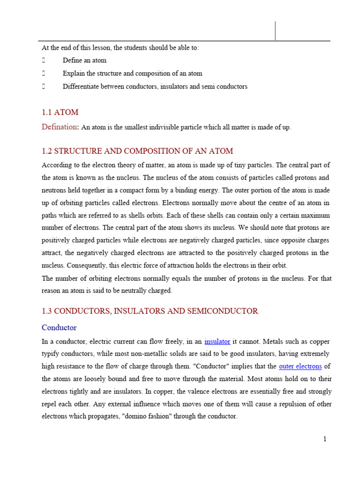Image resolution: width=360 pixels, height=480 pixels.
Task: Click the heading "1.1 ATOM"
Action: pyautogui.click(x=60, y=112)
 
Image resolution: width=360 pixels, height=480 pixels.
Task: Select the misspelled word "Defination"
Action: pyautogui.click(x=59, y=127)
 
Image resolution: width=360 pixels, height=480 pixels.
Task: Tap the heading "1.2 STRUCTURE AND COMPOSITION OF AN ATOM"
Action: pyautogui.click(x=137, y=151)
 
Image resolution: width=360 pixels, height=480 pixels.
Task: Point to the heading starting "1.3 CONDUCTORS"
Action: pyautogui.click(x=150, y=311)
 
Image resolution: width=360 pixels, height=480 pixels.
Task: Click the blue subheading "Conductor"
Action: pyautogui.click(x=59, y=327)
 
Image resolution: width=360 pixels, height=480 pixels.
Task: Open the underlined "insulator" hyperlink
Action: pyautogui.click(x=217, y=341)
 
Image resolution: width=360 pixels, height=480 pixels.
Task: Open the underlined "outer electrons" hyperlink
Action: pyautogui.click(x=300, y=366)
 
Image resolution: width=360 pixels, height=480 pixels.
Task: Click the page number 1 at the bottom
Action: pyautogui.click(x=324, y=439)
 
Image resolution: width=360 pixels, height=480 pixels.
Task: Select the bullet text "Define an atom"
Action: pyautogui.click(x=84, y=60)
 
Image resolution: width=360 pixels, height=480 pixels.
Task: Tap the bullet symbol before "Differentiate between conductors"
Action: pyautogui.click(x=44, y=87)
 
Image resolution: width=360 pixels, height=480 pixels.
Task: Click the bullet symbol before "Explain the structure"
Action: pyautogui.click(x=44, y=74)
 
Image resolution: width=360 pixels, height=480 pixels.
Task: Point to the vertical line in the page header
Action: pyautogui.click(x=275, y=31)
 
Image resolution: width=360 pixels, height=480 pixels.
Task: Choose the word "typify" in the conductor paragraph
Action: pyautogui.click(x=51, y=353)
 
